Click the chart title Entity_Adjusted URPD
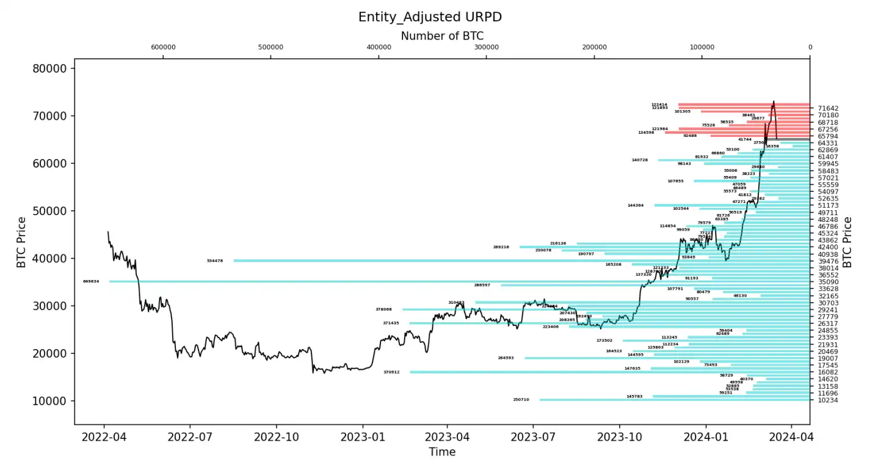tap(430, 17)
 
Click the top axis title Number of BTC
tap(442, 36)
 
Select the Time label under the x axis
tap(441, 452)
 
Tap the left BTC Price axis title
tap(21, 242)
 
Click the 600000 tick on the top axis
tap(163, 47)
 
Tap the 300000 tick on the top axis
tap(487, 47)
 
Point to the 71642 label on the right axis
tap(828, 108)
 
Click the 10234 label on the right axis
tap(828, 400)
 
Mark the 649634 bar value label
tap(91, 282)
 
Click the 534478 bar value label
tap(215, 261)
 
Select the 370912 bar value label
tap(391, 372)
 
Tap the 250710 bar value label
tap(521, 400)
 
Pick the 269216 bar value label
tap(501, 247)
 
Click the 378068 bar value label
tap(383, 309)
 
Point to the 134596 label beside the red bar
tap(646, 132)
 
